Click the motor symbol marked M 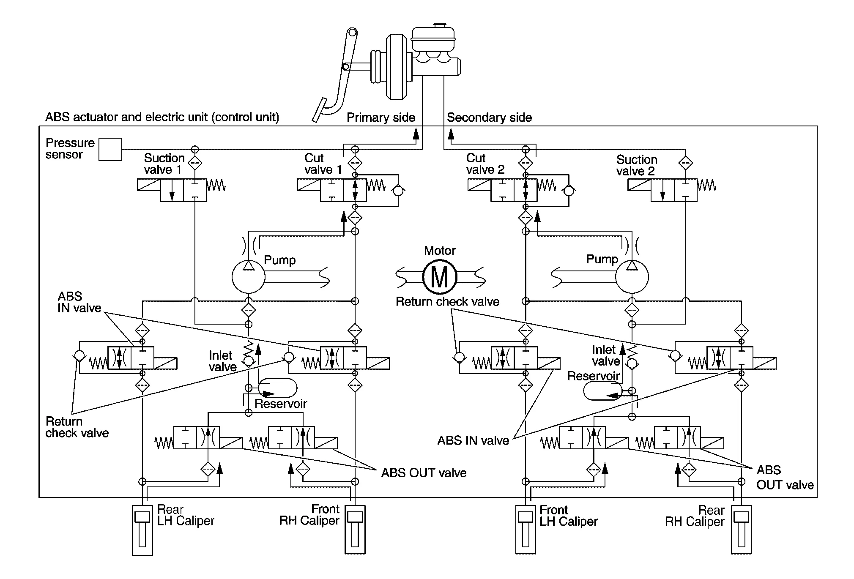point(440,277)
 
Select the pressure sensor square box point(110,149)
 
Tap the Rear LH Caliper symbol point(142,530)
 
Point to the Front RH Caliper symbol point(355,530)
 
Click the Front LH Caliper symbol point(526,530)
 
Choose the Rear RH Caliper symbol point(742,530)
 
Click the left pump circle point(249,277)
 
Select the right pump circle point(632,277)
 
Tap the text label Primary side point(381,117)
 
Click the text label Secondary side point(489,117)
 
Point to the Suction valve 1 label point(164,164)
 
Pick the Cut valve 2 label point(485,164)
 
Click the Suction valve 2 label point(636,165)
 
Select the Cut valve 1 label point(323,164)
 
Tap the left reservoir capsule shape point(278,388)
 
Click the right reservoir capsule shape point(602,391)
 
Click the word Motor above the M point(440,251)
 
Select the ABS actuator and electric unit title point(162,117)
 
